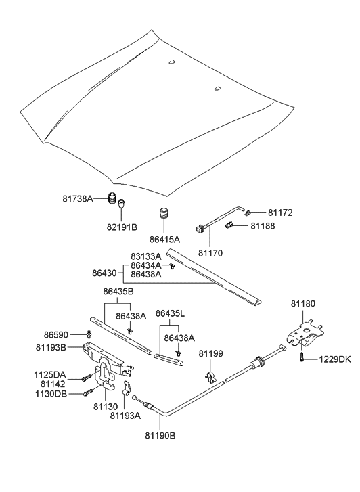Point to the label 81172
pos(281,213)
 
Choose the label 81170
pos(210,253)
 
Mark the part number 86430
pos(106,273)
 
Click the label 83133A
pos(146,256)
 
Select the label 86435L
pos(171,313)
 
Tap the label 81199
pos(210,353)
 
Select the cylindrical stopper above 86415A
pos(163,215)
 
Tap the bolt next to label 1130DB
pos(87,393)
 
